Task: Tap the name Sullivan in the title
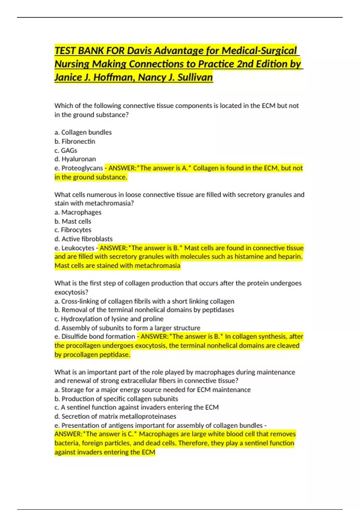point(195,77)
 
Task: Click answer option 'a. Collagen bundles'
point(83,132)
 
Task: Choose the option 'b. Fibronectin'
point(75,141)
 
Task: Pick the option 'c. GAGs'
point(66,150)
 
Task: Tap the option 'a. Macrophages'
point(78,212)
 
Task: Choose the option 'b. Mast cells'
point(73,221)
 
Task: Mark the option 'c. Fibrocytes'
point(73,230)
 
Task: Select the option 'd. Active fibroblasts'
point(83,239)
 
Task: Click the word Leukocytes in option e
point(78,248)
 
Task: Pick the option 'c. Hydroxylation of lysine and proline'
point(109,319)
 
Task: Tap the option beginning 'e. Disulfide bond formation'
point(95,336)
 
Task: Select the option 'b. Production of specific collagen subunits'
point(116,399)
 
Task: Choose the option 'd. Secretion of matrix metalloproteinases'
point(115,416)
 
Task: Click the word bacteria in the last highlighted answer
point(67,443)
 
